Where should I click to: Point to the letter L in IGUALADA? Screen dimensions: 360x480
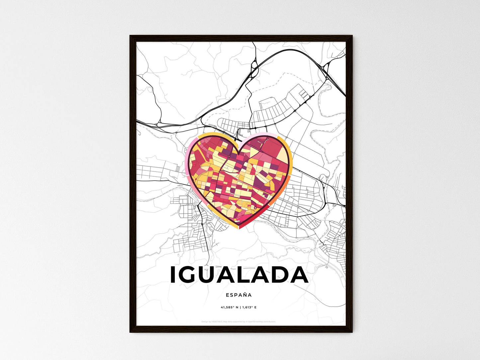click(247, 275)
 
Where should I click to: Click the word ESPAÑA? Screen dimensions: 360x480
click(239, 295)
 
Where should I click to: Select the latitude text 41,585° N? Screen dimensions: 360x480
click(230, 307)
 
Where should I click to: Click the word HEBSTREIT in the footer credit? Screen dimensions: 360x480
click(216, 321)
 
